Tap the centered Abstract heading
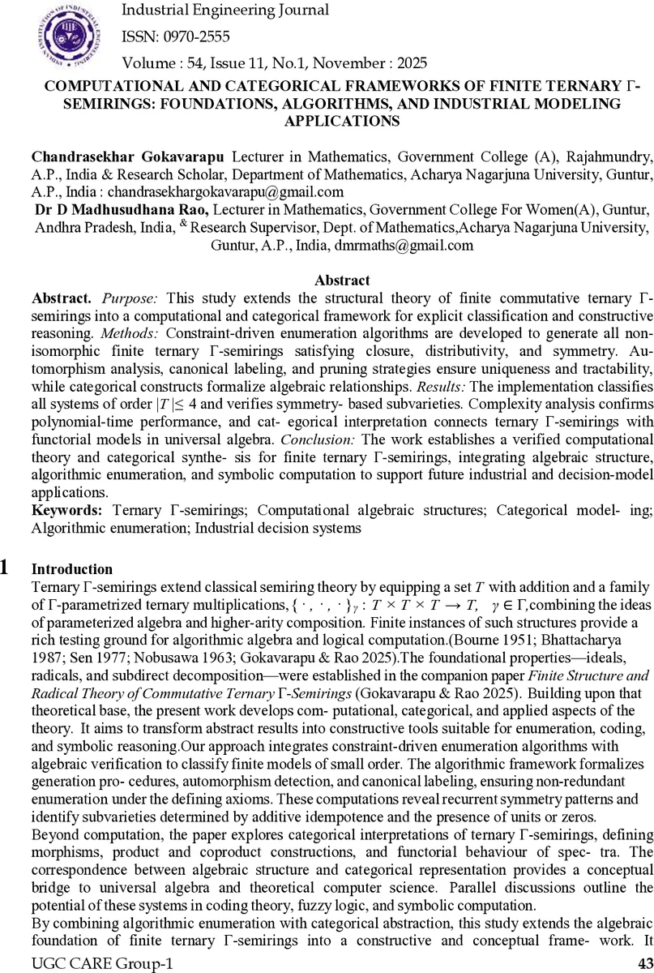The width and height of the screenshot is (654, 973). tap(342, 281)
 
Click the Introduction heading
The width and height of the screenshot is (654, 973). tap(71, 568)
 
